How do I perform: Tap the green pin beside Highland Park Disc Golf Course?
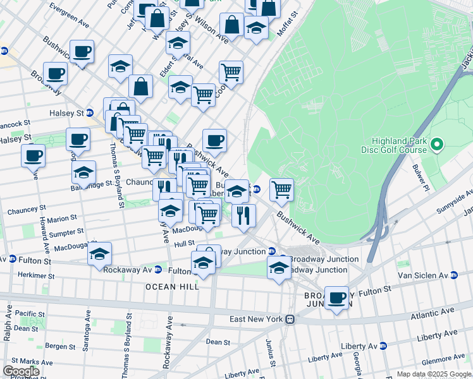pyautogui.click(x=436, y=146)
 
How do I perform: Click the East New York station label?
pyautogui.click(x=255, y=319)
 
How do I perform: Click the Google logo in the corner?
pyautogui.click(x=21, y=371)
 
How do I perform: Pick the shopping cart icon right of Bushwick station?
pyautogui.click(x=281, y=188)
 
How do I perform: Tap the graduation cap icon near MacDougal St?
pyautogui.click(x=99, y=254)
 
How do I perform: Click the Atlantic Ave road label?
pyautogui.click(x=438, y=311)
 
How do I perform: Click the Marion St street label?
pyautogui.click(x=61, y=219)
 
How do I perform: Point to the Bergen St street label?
pyautogui.click(x=60, y=346)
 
